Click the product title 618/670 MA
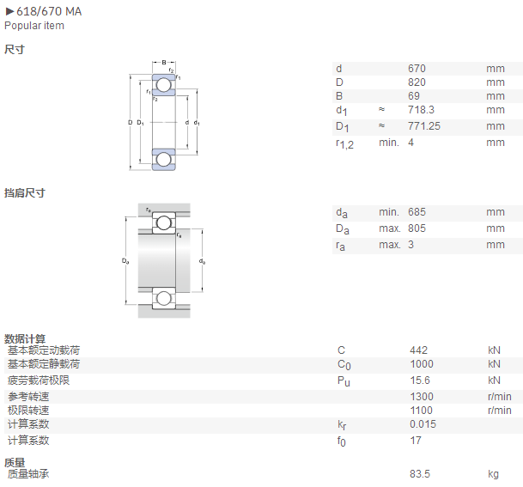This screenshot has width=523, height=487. [x=49, y=11]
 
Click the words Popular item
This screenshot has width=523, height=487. [x=34, y=26]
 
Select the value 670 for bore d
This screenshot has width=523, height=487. [x=417, y=69]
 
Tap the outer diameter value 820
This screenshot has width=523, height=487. [x=417, y=82]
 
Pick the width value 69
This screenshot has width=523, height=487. [x=414, y=95]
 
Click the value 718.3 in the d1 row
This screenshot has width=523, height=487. [x=421, y=109]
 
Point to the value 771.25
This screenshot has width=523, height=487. [x=424, y=125]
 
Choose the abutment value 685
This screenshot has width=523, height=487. [x=417, y=212]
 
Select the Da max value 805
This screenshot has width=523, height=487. [x=417, y=228]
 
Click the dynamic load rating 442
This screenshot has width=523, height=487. [x=418, y=350]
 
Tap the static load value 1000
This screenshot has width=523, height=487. [x=422, y=363]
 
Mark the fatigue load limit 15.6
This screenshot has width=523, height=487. [x=420, y=380]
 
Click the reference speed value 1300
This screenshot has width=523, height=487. [x=422, y=396]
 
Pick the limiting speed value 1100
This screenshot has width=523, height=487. [x=422, y=410]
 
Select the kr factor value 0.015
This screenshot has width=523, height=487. [x=423, y=423]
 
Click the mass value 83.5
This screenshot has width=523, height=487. [x=420, y=473]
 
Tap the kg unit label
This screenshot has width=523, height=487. [x=493, y=474]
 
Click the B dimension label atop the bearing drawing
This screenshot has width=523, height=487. [x=164, y=63]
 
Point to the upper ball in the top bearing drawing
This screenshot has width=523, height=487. [x=163, y=85]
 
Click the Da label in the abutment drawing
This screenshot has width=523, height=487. [x=125, y=261]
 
